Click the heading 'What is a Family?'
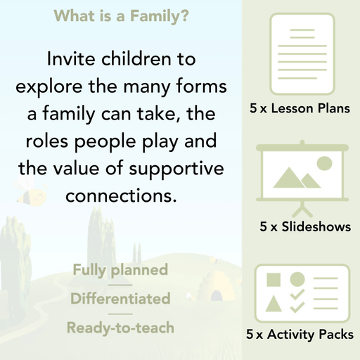click(x=120, y=15)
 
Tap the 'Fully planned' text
click(x=120, y=269)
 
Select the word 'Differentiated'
click(x=120, y=299)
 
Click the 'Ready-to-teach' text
click(x=120, y=328)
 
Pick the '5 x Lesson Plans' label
click(x=300, y=109)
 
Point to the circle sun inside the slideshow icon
click(x=324, y=164)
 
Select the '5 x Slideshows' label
click(x=305, y=227)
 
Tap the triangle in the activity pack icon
click(x=274, y=305)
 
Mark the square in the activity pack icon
click(x=274, y=279)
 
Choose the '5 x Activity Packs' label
click(x=300, y=335)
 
